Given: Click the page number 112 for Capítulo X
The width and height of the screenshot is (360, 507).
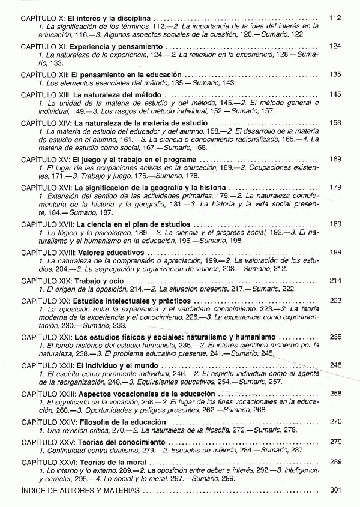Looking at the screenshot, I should [335, 19].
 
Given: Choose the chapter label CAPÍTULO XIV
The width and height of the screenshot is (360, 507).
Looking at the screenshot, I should [46, 122].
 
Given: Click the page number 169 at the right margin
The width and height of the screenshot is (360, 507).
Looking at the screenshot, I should [335, 159].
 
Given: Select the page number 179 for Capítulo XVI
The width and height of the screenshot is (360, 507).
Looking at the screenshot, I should [335, 187].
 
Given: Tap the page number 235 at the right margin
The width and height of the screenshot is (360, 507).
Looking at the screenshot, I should [335, 337].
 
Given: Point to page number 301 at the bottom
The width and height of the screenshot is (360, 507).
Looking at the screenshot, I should [335, 490].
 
